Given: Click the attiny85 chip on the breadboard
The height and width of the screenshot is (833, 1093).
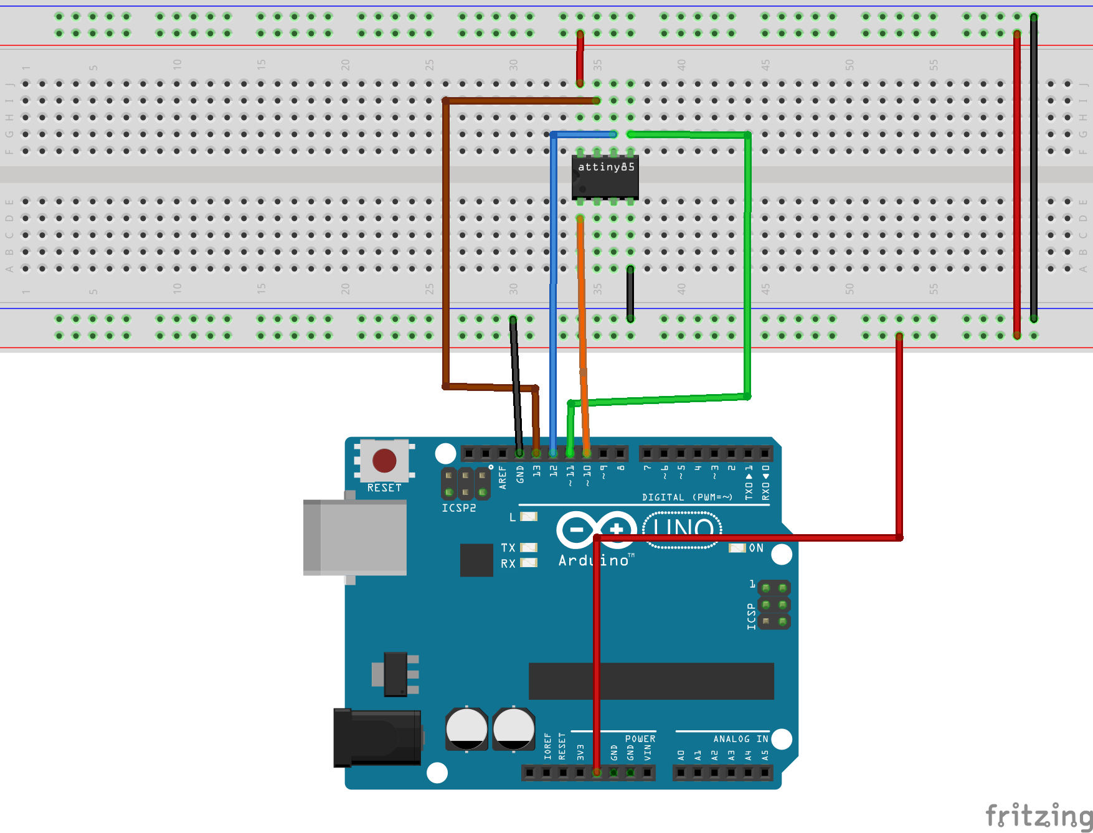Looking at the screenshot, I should (605, 177).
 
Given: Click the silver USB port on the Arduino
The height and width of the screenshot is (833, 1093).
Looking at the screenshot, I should (354, 537).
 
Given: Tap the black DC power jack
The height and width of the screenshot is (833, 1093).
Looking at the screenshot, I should (376, 738).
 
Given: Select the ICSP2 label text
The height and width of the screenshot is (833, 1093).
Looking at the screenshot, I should (458, 508).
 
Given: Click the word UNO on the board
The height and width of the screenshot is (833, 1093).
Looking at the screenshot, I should (683, 530).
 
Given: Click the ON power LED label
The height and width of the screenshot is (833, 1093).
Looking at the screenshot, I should (756, 548).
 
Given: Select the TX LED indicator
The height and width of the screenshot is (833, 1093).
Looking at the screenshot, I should (528, 548).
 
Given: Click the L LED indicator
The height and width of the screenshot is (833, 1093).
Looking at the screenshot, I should (528, 517).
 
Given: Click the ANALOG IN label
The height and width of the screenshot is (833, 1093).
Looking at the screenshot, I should (740, 739).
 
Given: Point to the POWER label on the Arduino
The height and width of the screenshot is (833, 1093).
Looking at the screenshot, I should (640, 739).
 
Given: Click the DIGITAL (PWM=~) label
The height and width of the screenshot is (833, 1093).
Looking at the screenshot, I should (686, 497).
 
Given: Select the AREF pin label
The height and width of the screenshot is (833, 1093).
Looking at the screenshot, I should (503, 478).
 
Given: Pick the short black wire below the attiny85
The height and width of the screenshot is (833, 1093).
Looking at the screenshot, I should (630, 294).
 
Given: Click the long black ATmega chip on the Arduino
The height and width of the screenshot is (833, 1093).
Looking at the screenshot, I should (651, 681).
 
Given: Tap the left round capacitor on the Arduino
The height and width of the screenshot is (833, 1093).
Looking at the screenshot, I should (466, 728).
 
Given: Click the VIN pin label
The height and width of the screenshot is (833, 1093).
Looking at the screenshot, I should (648, 753).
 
